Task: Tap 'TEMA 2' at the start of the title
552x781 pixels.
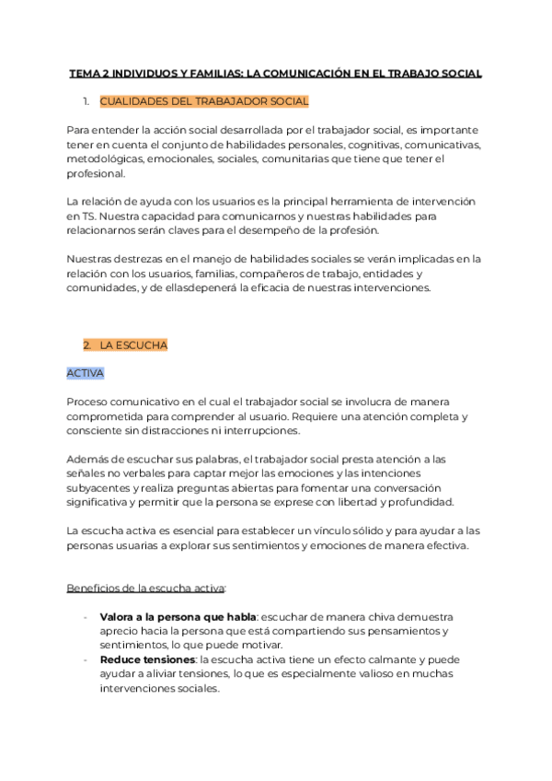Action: (x=88, y=73)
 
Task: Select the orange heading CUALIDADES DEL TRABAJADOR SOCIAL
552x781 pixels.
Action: (x=203, y=101)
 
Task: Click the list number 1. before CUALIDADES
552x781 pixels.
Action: (x=86, y=101)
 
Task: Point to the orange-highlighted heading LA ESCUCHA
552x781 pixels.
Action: (x=133, y=345)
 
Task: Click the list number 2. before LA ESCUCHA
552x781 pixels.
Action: (x=86, y=345)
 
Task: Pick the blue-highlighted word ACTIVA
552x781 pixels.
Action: (x=86, y=373)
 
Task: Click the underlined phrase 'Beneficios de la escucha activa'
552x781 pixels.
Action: (x=145, y=588)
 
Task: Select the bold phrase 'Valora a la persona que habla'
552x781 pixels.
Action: (x=178, y=616)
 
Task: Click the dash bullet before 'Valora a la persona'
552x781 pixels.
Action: (x=86, y=616)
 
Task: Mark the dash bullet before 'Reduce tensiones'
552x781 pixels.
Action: (x=86, y=659)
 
